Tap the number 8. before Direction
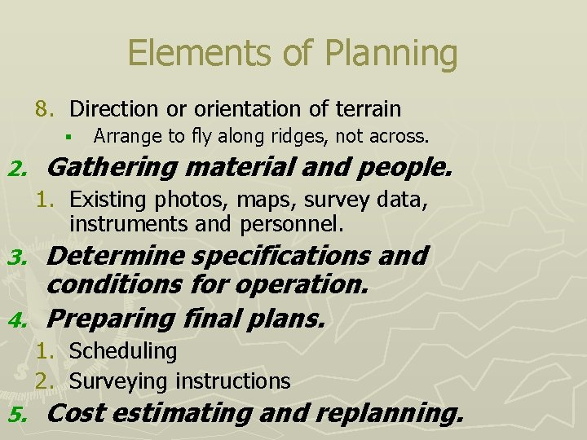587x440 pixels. click(x=44, y=108)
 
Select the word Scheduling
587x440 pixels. click(x=123, y=351)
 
